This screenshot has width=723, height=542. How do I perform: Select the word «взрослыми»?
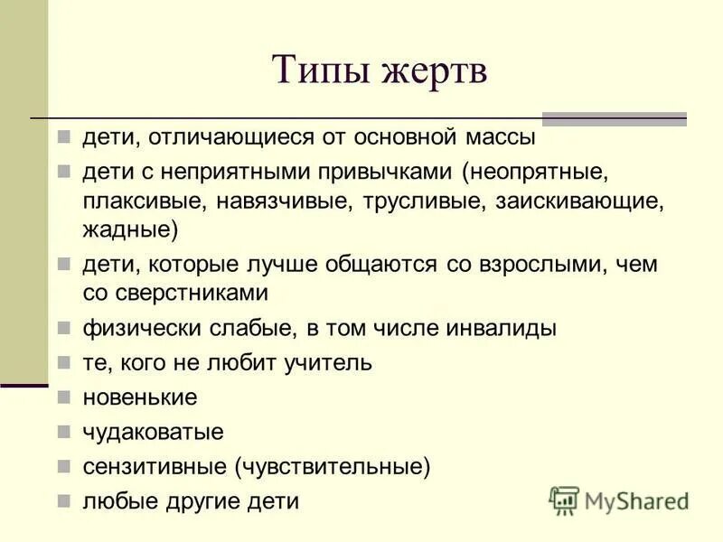(538, 265)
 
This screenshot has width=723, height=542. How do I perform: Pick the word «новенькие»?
(140, 397)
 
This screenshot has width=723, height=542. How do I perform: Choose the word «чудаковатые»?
(153, 432)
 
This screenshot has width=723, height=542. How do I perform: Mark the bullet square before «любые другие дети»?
(64, 501)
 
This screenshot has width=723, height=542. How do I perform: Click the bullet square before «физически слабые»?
(64, 328)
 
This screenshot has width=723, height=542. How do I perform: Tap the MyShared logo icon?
(564, 500)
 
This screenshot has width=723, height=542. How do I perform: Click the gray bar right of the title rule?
(614, 118)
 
